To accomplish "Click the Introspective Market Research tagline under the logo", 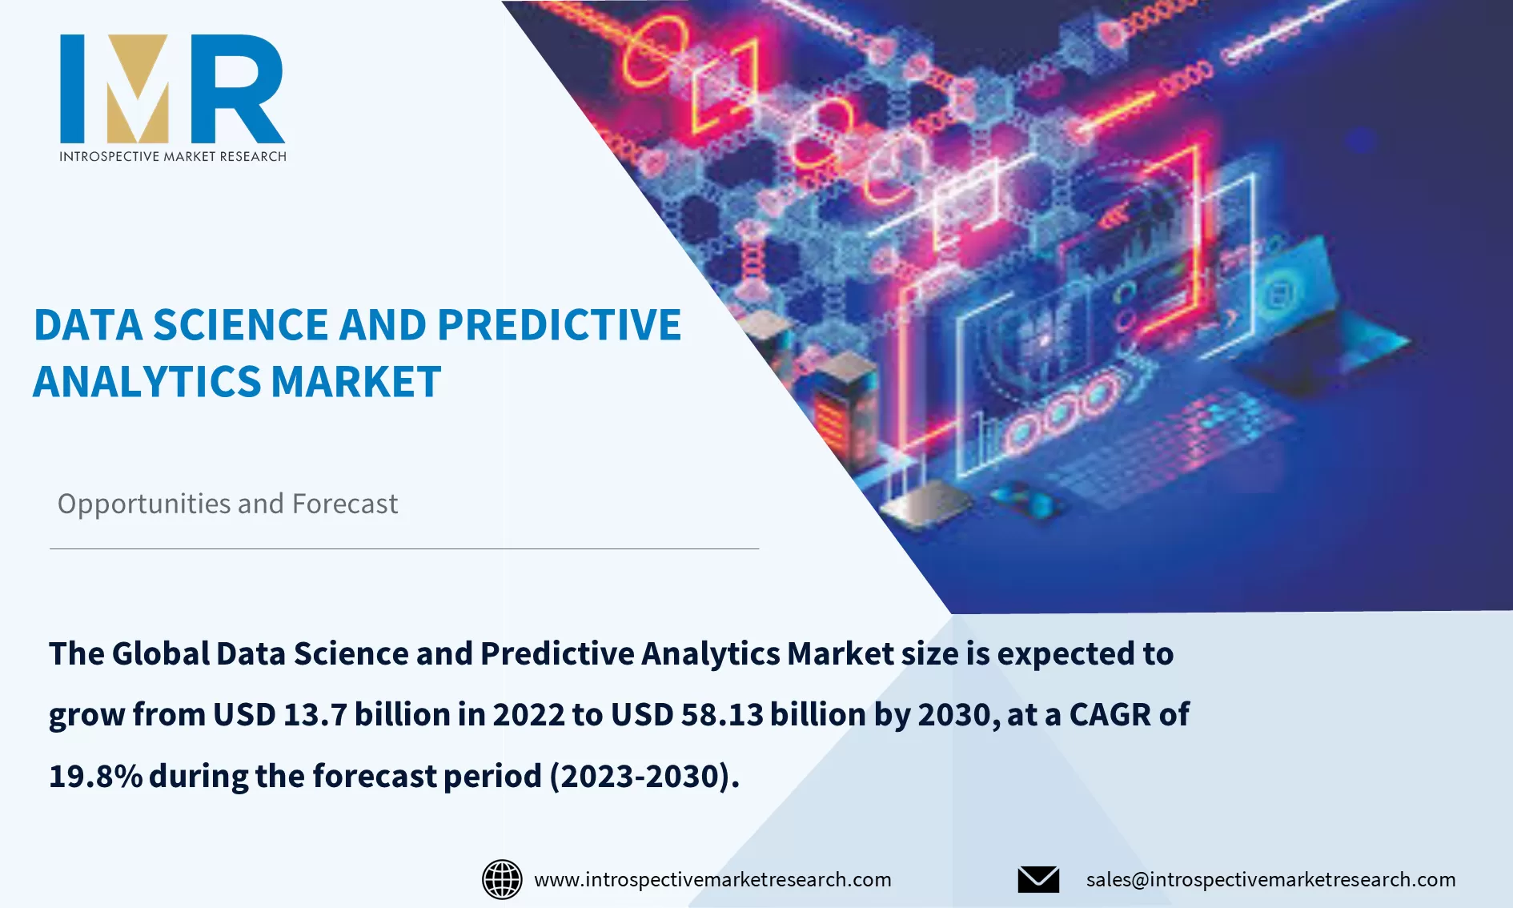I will coord(173,156).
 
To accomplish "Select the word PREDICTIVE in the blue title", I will coord(559,325).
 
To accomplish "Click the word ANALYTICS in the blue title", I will coord(146,382).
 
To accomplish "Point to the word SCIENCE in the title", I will coord(240,325).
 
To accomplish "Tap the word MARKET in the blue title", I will coord(356,382).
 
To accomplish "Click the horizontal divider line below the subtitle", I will coord(403,548).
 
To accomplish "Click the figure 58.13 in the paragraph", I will coord(722,714).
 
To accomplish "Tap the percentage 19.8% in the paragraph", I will coord(95,776).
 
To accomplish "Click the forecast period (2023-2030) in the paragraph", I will coord(640,776).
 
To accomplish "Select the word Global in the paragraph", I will coord(160,653).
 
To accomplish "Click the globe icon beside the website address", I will coord(502,879).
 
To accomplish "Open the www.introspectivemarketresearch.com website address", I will coord(712,879).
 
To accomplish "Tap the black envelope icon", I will coord(1038,879).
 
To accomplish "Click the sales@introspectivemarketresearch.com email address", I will coord(1270,879).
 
